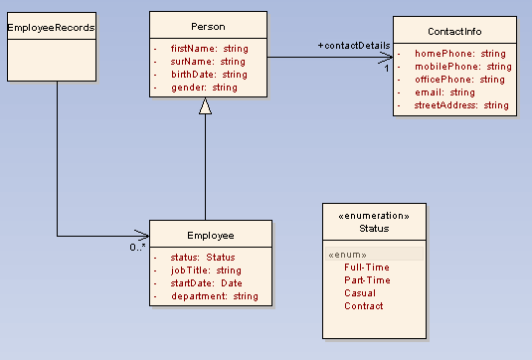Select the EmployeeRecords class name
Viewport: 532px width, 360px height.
click(51, 28)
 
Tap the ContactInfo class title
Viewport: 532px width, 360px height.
click(455, 31)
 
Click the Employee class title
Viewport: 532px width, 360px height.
click(210, 236)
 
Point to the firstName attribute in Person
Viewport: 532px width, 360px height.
click(209, 48)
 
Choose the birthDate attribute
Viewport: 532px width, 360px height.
click(209, 75)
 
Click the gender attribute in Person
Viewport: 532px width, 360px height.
click(204, 88)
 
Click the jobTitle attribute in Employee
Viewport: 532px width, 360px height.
click(206, 270)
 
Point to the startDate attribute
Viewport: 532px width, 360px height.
click(206, 283)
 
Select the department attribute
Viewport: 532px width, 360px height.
click(214, 296)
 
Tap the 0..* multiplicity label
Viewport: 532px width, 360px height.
click(138, 248)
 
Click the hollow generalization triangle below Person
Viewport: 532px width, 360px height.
click(205, 106)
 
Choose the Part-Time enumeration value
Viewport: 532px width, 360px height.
click(367, 280)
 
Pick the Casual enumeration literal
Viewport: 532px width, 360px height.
click(360, 293)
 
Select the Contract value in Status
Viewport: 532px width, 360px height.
click(363, 306)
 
